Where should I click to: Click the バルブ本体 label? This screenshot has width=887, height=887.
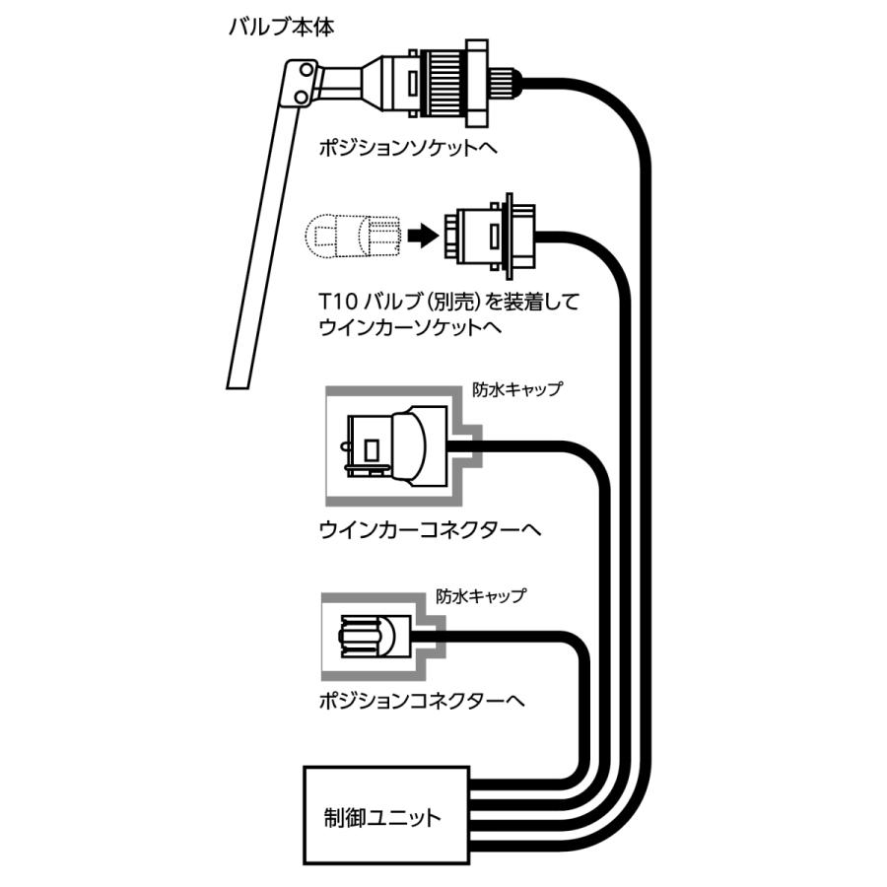[280, 26]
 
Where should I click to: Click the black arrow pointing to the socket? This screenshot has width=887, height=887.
[422, 236]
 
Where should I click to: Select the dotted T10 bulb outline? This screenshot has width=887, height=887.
[354, 236]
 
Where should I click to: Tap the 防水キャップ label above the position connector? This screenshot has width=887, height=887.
[481, 596]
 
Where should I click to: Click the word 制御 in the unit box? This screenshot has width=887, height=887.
[342, 818]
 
